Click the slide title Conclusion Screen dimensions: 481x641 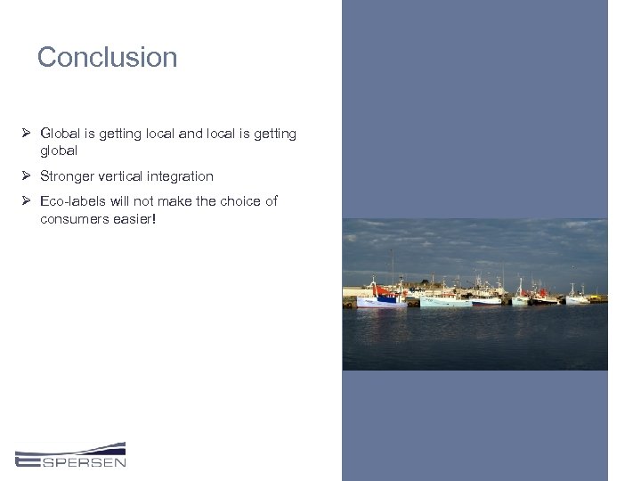pos(107,58)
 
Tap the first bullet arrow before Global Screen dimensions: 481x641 pos(27,134)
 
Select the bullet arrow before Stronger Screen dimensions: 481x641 pos(27,176)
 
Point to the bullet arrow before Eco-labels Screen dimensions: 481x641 pos(27,201)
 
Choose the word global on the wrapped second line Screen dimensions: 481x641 pos(59,151)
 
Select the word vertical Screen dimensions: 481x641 pos(131,176)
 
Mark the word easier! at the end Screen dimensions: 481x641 pos(134,218)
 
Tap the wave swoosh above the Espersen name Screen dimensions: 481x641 pos(71,447)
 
